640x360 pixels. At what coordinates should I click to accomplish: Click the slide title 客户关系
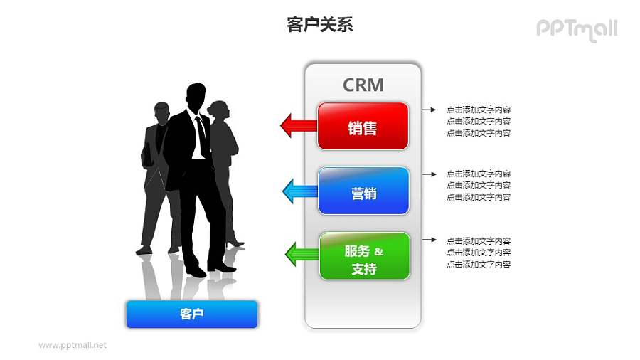319,26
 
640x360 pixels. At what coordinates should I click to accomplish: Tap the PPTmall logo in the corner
576,29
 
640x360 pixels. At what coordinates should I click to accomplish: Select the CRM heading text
363,85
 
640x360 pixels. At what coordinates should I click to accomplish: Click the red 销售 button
363,127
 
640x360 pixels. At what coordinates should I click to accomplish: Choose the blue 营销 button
363,191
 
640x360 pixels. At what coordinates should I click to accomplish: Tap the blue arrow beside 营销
299,191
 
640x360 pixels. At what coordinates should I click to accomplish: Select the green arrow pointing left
301,254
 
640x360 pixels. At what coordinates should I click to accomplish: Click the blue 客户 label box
192,314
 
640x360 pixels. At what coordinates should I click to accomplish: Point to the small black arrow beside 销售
428,110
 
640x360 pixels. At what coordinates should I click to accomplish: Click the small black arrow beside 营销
428,174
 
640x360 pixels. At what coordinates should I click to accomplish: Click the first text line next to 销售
478,110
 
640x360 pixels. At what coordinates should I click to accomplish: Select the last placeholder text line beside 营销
478,197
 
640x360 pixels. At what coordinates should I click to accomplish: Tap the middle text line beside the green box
478,253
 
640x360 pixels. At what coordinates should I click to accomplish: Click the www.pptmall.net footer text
73,345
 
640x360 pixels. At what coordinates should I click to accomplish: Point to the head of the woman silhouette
220,110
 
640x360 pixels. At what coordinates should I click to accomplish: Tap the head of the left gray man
162,112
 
